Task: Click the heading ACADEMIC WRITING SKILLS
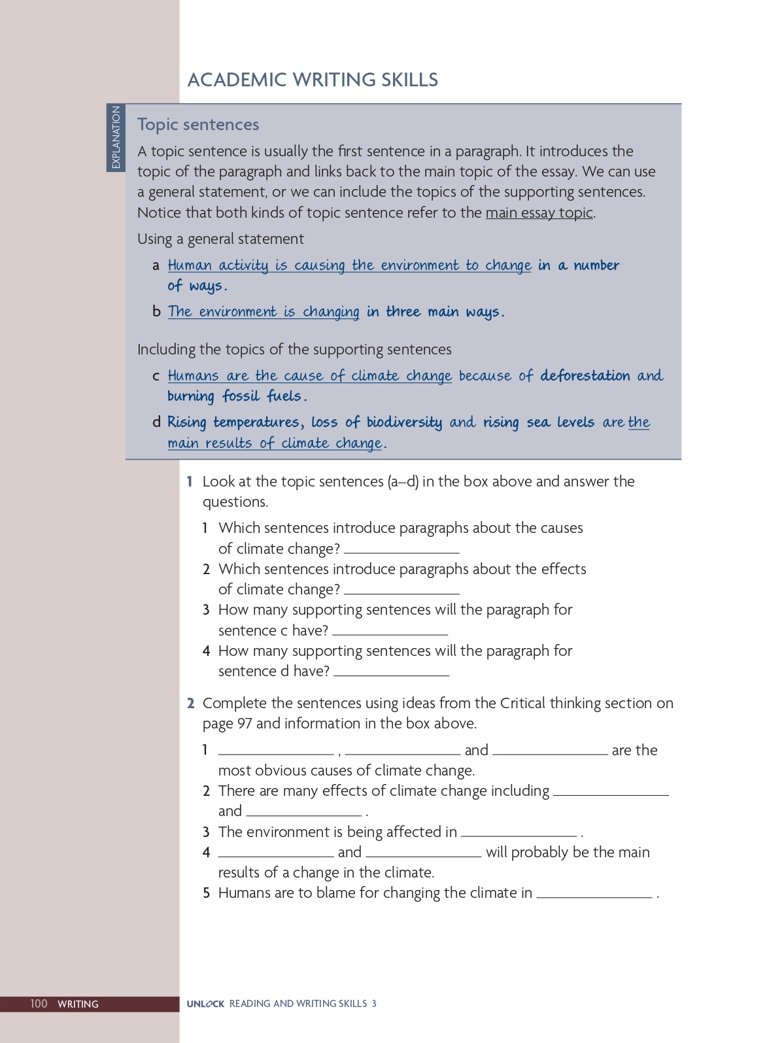[313, 80]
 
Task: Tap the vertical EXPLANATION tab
[116, 137]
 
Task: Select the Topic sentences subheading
[198, 124]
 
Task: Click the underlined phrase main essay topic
[539, 213]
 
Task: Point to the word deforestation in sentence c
[585, 375]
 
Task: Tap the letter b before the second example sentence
[156, 311]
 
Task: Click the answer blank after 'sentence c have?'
[390, 632]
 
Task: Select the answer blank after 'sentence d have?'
[391, 672]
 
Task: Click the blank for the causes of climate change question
[401, 550]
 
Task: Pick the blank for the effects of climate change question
[401, 590]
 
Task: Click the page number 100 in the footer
[39, 1004]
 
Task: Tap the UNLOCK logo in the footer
[205, 1004]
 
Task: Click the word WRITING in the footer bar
[78, 1004]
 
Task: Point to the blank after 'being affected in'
[518, 833]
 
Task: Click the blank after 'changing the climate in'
[594, 895]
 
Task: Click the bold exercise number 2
[190, 703]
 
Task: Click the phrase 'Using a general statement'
[220, 239]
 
